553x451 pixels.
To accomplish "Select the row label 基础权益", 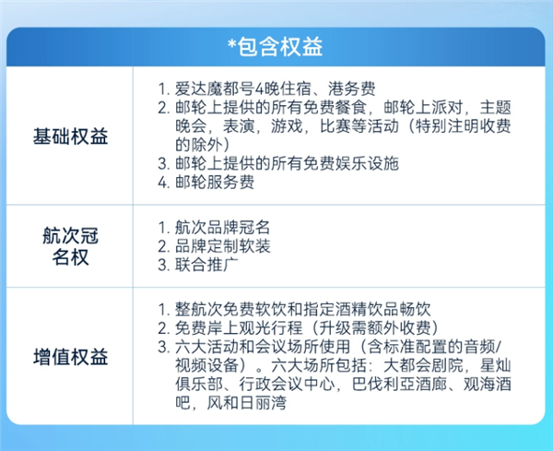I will tap(70, 138).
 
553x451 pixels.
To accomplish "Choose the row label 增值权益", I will tap(70, 355).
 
